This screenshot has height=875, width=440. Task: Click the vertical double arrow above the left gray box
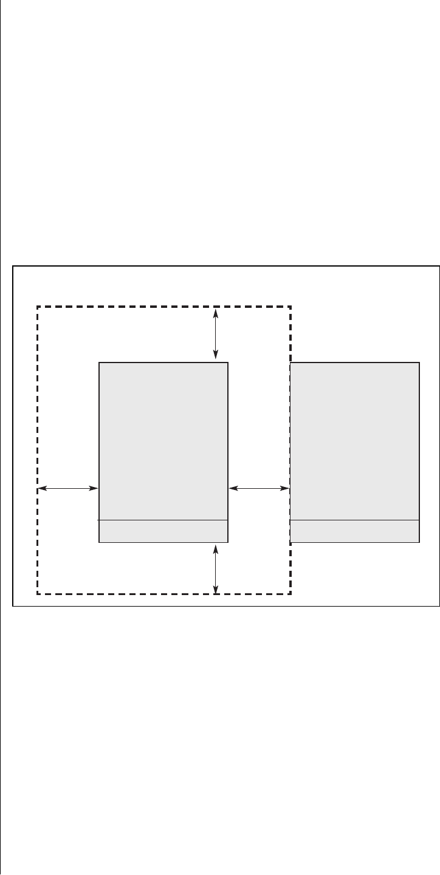pyautogui.click(x=216, y=335)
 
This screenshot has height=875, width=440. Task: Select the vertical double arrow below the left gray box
pyautogui.click(x=216, y=568)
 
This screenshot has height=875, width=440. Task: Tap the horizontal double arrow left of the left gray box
pyautogui.click(x=68, y=488)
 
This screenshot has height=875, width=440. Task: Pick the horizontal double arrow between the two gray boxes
pyautogui.click(x=259, y=488)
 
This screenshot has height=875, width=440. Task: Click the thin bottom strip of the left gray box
pyautogui.click(x=163, y=531)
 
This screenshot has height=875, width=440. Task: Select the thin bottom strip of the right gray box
pyautogui.click(x=355, y=531)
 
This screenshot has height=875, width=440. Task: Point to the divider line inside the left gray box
pyautogui.click(x=163, y=520)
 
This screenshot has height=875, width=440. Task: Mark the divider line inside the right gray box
pyautogui.click(x=355, y=520)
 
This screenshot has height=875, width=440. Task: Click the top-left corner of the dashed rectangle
pyautogui.click(x=38, y=307)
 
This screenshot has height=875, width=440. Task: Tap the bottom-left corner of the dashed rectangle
pyautogui.click(x=38, y=593)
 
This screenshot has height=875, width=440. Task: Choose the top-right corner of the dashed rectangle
pyautogui.click(x=291, y=307)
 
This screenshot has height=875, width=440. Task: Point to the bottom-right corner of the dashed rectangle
pyautogui.click(x=291, y=593)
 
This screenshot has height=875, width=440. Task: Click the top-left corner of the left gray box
pyautogui.click(x=99, y=363)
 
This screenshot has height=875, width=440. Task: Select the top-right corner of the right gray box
pyautogui.click(x=419, y=363)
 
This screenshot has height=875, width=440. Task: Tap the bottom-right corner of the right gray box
pyautogui.click(x=419, y=542)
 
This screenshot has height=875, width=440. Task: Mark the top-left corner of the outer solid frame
pyautogui.click(x=13, y=266)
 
